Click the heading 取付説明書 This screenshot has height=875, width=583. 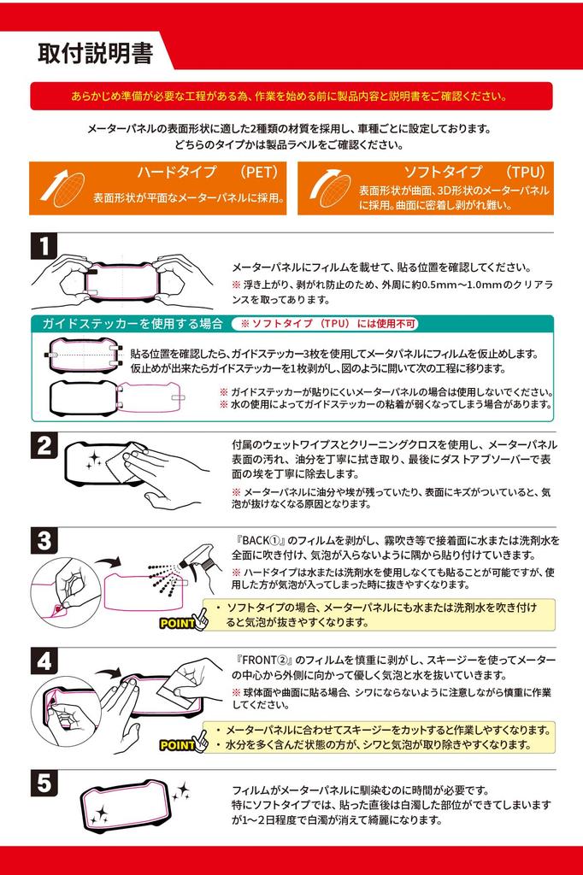pyautogui.click(x=96, y=53)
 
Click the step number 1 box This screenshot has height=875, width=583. pyautogui.click(x=44, y=246)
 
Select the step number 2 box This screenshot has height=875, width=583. pyautogui.click(x=44, y=445)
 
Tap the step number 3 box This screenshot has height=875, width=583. pyautogui.click(x=44, y=540)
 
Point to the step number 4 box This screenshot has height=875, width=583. pyautogui.click(x=44, y=661)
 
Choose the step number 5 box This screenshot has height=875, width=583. pyautogui.click(x=44, y=783)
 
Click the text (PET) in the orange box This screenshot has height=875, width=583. pyautogui.click(x=259, y=172)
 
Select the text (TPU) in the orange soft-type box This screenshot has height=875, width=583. pyautogui.click(x=526, y=172)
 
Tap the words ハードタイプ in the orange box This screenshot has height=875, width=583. pyautogui.click(x=176, y=172)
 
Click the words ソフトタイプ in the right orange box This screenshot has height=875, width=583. pyautogui.click(x=442, y=172)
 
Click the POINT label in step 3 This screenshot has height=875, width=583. pyautogui.click(x=177, y=623)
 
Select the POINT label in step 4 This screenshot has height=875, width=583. pyautogui.click(x=177, y=745)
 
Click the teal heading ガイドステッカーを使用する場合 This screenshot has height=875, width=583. pyautogui.click(x=132, y=324)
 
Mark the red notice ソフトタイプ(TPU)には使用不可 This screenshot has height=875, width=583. pyautogui.click(x=329, y=324)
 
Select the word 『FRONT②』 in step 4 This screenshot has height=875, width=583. pyautogui.click(x=265, y=661)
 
